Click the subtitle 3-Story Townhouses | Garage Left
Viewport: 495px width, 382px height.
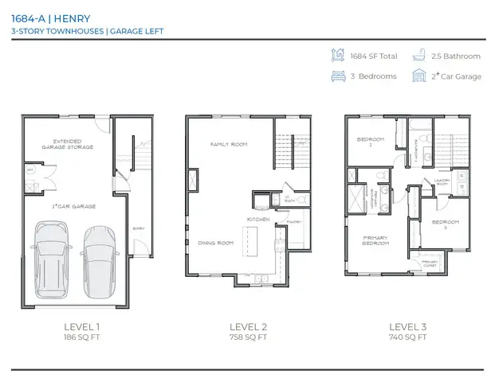(x=73, y=30)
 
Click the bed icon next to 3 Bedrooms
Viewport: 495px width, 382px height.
(x=337, y=76)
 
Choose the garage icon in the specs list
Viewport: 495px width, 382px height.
(x=418, y=76)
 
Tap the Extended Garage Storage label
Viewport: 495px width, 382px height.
(x=68, y=144)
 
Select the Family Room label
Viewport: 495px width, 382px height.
(x=229, y=145)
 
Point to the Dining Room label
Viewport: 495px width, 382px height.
(x=215, y=243)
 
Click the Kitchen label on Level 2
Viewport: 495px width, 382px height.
(x=257, y=219)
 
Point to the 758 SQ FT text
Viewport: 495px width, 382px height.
(x=248, y=337)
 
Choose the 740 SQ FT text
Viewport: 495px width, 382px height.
(x=407, y=337)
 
